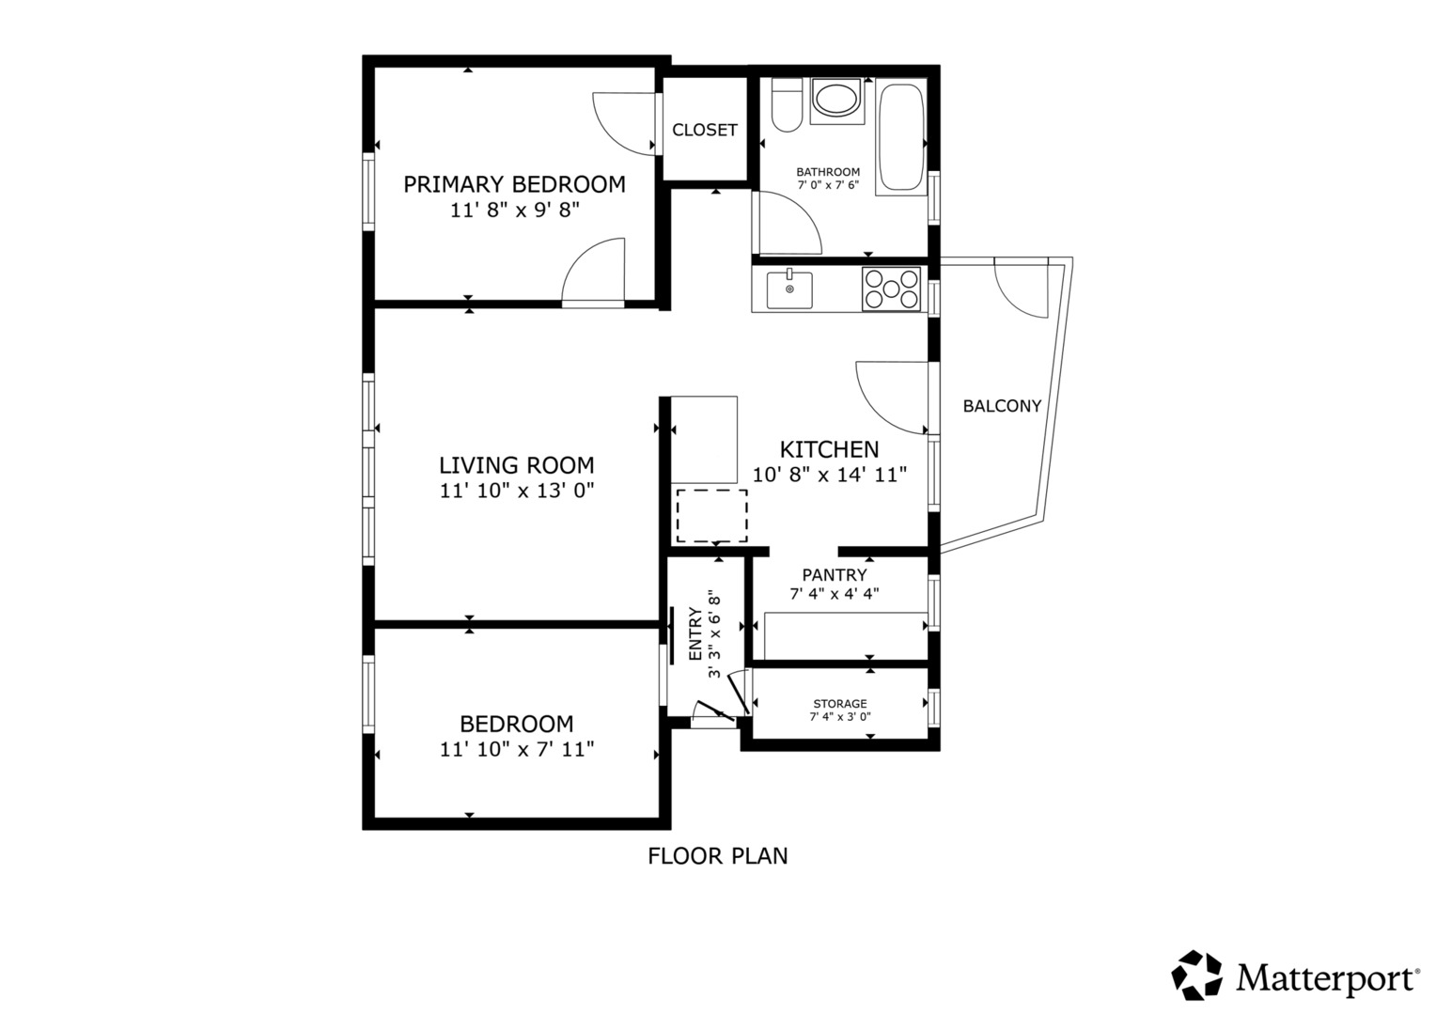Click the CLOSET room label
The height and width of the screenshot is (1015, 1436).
[704, 130]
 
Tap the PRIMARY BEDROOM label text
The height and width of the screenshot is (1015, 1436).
[514, 184]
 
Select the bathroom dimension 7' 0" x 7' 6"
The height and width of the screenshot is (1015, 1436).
[828, 185]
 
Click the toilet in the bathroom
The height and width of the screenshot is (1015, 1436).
[786, 106]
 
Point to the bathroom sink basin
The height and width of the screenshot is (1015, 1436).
[835, 99]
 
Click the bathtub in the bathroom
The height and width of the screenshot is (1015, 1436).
[900, 140]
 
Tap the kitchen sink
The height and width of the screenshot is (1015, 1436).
[789, 289]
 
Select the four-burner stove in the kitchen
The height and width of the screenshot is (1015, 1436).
[891, 289]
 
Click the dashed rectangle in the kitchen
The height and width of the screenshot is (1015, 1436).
[711, 515]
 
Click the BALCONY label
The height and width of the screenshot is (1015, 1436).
[1002, 406]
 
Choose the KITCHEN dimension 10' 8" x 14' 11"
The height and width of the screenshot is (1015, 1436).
[829, 475]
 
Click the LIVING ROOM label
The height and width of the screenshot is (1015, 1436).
[516, 465]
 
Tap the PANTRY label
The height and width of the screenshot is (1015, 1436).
[834, 575]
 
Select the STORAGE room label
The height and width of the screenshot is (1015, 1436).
[839, 703]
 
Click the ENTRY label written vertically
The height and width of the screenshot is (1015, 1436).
[695, 634]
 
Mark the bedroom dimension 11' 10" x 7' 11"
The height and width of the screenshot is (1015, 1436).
[516, 749]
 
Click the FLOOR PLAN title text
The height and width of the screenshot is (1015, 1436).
[717, 856]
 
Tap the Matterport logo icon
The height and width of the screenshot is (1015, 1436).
[1195, 975]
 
